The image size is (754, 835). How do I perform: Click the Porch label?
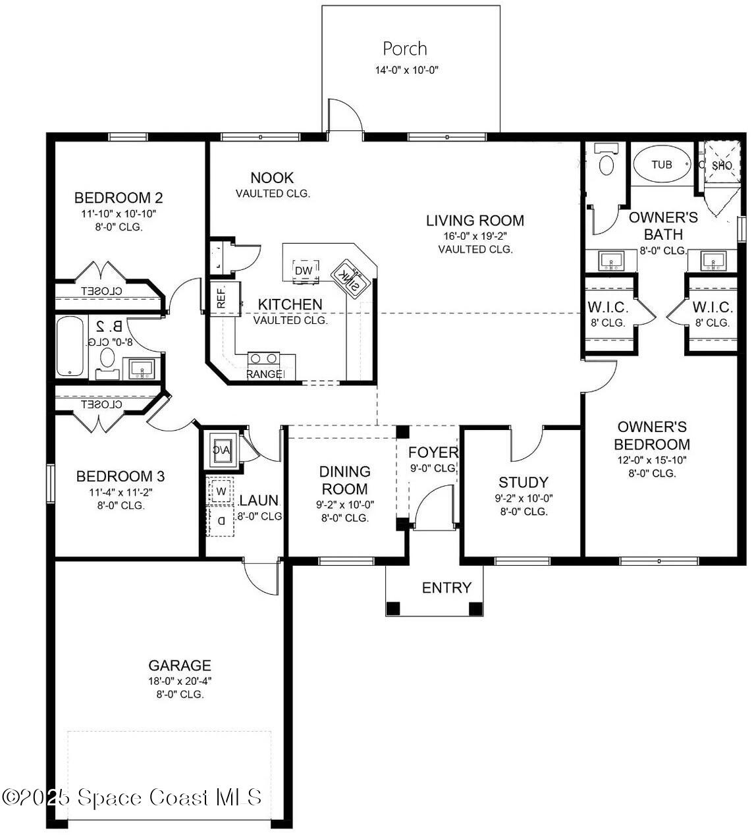point(405,49)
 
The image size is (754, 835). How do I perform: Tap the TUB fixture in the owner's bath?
point(662,164)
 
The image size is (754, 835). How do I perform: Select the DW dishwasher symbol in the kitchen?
point(304,271)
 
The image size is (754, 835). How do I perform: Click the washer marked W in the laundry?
point(221,491)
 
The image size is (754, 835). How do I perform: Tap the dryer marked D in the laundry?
point(221,520)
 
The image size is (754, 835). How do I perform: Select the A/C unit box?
point(222,449)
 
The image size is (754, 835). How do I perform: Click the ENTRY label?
point(446,587)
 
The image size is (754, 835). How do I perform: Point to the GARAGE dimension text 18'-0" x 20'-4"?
point(180,681)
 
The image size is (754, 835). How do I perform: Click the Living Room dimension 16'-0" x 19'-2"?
point(475,236)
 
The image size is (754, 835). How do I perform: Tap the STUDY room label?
point(524,482)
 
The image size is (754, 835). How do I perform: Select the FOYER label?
point(433,452)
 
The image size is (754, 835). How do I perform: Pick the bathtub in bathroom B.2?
point(70,346)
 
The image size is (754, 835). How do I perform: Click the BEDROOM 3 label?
point(121,476)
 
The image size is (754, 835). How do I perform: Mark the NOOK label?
point(272,178)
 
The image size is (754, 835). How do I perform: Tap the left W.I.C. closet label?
point(608,308)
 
